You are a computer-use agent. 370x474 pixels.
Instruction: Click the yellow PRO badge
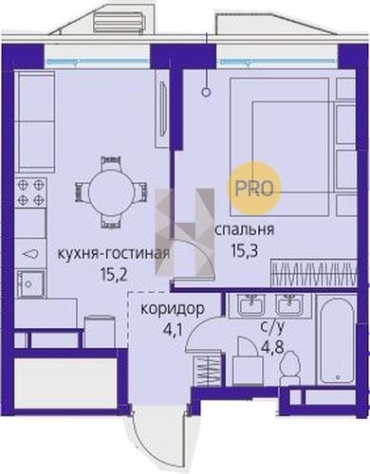pos(254,188)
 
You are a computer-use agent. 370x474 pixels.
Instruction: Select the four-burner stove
pos(30,191)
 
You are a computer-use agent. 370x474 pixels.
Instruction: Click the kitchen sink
pos(29,283)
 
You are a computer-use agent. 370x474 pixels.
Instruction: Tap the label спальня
pos(244,230)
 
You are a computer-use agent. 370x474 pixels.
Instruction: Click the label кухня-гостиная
pos(113,253)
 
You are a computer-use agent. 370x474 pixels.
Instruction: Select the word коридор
pos(173,309)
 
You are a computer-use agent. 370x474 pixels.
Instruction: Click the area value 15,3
pos(245,251)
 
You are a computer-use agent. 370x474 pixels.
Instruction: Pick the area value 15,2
pos(114,274)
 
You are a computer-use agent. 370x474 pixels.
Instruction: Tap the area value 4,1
pos(174,331)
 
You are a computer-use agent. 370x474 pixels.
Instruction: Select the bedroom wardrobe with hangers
pos(314,273)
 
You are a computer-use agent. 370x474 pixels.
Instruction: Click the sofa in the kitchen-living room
pos(34,120)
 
